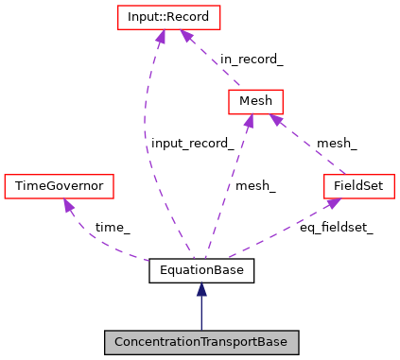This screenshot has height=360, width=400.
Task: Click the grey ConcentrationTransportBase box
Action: pos(200,342)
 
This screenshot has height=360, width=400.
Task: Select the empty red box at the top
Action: pos(168,17)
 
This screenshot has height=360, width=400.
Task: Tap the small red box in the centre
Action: pos(255,101)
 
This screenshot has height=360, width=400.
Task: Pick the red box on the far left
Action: pos(59,186)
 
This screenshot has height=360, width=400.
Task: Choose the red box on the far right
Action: pos(358,186)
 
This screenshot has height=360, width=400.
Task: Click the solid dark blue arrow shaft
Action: pos(200,315)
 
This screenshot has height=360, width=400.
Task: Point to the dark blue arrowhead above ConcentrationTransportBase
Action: pos(200,289)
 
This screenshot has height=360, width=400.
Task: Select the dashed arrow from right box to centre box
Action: pos(308,146)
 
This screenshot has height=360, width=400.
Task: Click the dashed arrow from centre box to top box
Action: pos(213,60)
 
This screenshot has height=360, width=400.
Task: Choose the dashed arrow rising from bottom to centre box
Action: pos(227,184)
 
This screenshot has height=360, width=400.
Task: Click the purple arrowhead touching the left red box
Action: pos(67,205)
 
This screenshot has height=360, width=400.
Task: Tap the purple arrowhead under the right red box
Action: pos(333,202)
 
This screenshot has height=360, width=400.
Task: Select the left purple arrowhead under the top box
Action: pos(160,37)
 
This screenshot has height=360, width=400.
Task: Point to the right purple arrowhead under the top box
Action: pos(187,37)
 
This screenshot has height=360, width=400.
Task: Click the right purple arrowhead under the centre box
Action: pos(275,119)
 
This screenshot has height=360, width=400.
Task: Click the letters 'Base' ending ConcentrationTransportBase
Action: pos(271,342)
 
